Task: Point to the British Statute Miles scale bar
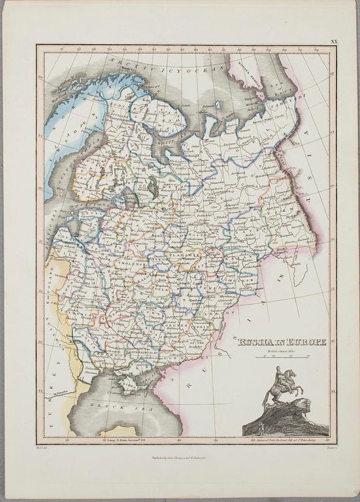click(280, 357)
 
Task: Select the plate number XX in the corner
click(334, 41)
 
